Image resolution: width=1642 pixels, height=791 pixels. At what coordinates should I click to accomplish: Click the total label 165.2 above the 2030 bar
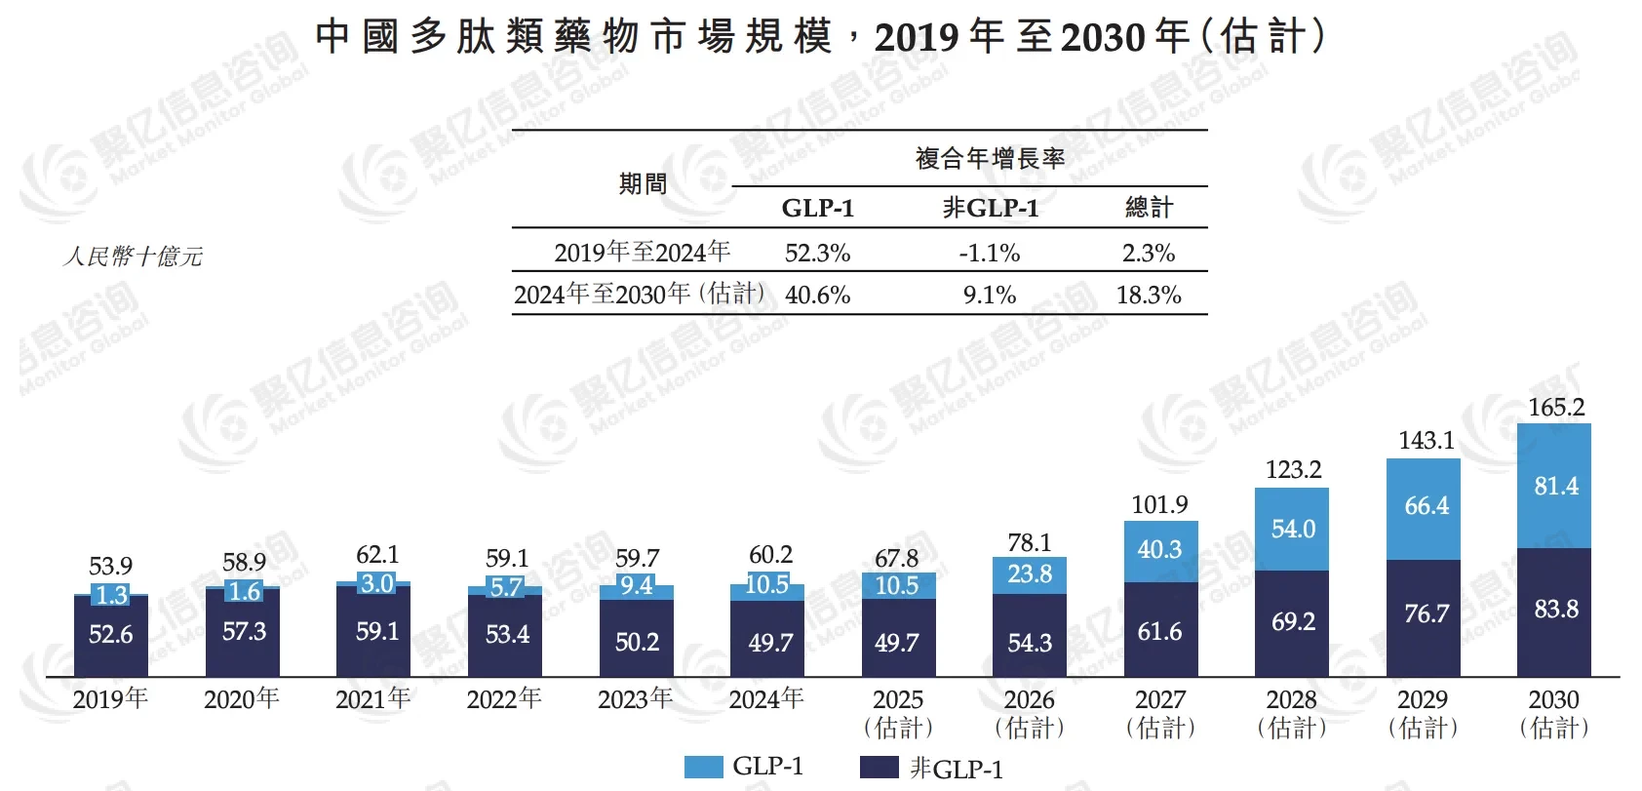pyautogui.click(x=1555, y=407)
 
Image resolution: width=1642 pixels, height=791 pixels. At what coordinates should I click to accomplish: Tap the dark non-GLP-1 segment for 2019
pyautogui.click(x=111, y=635)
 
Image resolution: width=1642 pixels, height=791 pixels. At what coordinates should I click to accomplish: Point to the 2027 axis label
pyautogui.click(x=1160, y=713)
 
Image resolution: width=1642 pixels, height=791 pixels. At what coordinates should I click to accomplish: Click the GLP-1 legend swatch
pyautogui.click(x=703, y=767)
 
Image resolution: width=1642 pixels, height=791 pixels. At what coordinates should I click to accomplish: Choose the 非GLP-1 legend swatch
pyautogui.click(x=879, y=768)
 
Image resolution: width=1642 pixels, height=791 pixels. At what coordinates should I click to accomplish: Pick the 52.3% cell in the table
pyautogui.click(x=817, y=253)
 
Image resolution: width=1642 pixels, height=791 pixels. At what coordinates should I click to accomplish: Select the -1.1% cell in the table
pyautogui.click(x=989, y=253)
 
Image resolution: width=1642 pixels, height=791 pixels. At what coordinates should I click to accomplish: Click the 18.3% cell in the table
pyautogui.click(x=1149, y=295)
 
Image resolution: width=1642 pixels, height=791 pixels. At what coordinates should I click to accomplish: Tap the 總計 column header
pyautogui.click(x=1149, y=207)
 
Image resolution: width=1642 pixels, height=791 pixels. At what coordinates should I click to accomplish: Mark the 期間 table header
pyautogui.click(x=643, y=183)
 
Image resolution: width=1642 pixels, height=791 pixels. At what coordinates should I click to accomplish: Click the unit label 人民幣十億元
pyautogui.click(x=133, y=257)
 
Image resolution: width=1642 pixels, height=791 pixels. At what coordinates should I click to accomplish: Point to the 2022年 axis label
pyautogui.click(x=504, y=698)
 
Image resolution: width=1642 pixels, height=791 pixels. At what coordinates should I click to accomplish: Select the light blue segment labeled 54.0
pyautogui.click(x=1292, y=529)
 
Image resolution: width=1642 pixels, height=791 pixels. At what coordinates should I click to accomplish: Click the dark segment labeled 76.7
pyautogui.click(x=1425, y=613)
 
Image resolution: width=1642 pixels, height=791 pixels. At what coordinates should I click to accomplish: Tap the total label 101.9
pyautogui.click(x=1159, y=504)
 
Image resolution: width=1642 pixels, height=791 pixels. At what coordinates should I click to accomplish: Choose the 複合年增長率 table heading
pyautogui.click(x=989, y=158)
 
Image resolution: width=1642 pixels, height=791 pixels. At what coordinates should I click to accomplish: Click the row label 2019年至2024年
pyautogui.click(x=642, y=253)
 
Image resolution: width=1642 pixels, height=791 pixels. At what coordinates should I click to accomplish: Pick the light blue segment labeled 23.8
pyautogui.click(x=1030, y=574)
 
